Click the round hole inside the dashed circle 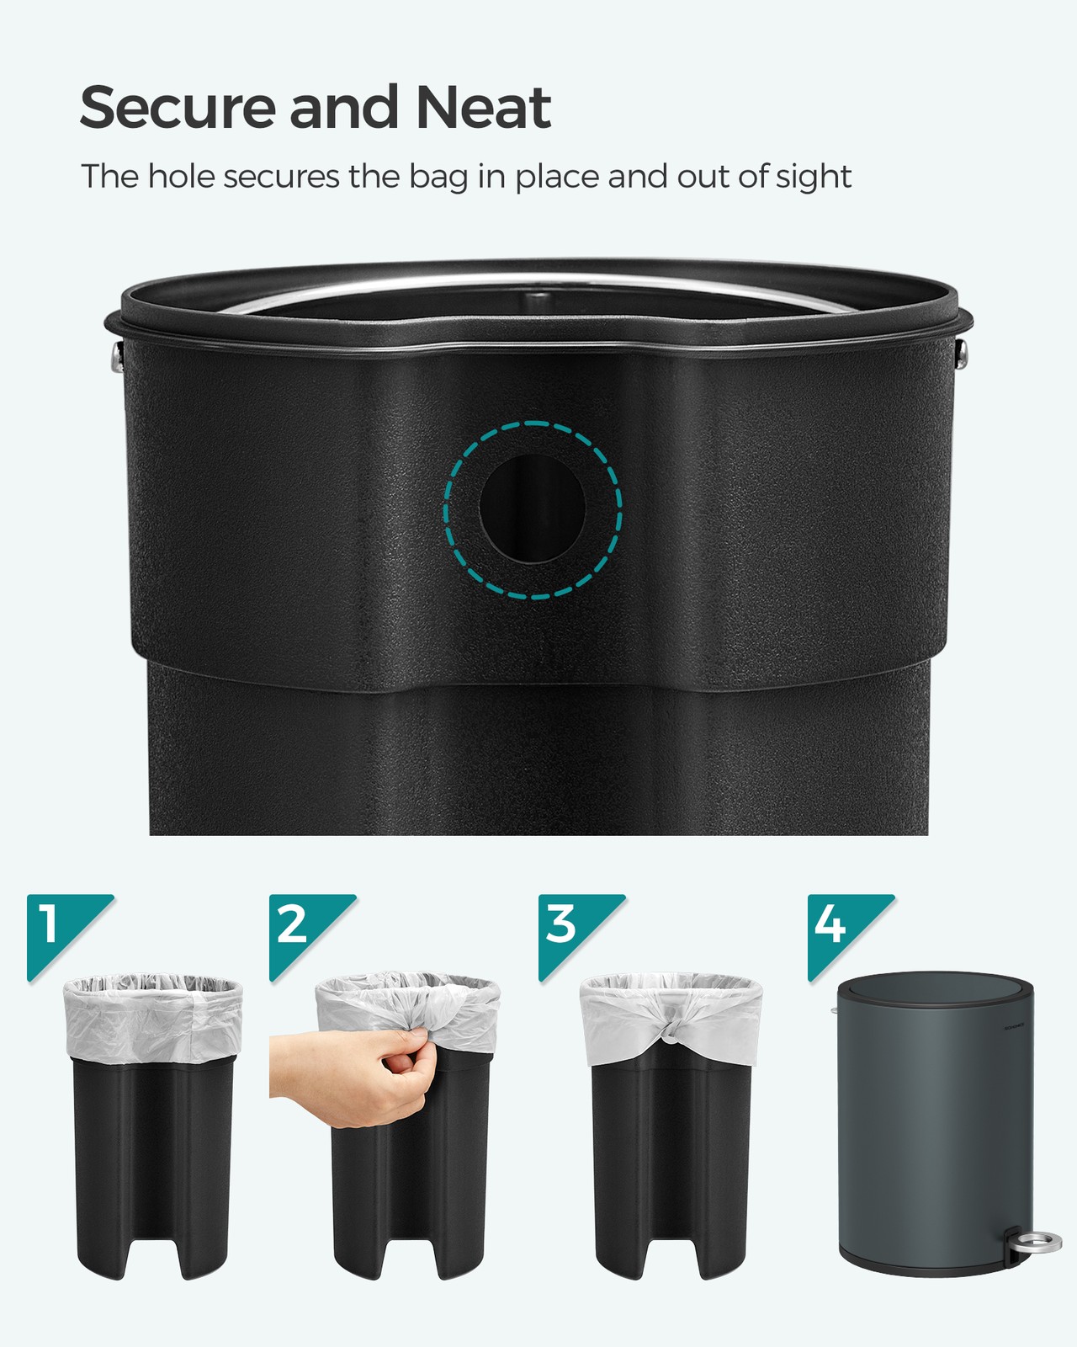[x=532, y=508]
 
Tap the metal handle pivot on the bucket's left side [x=118, y=356]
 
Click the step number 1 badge [x=62, y=931]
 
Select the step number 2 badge [x=305, y=931]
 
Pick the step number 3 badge [x=574, y=931]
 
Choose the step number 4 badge [x=843, y=931]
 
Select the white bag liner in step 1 [x=153, y=1016]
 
